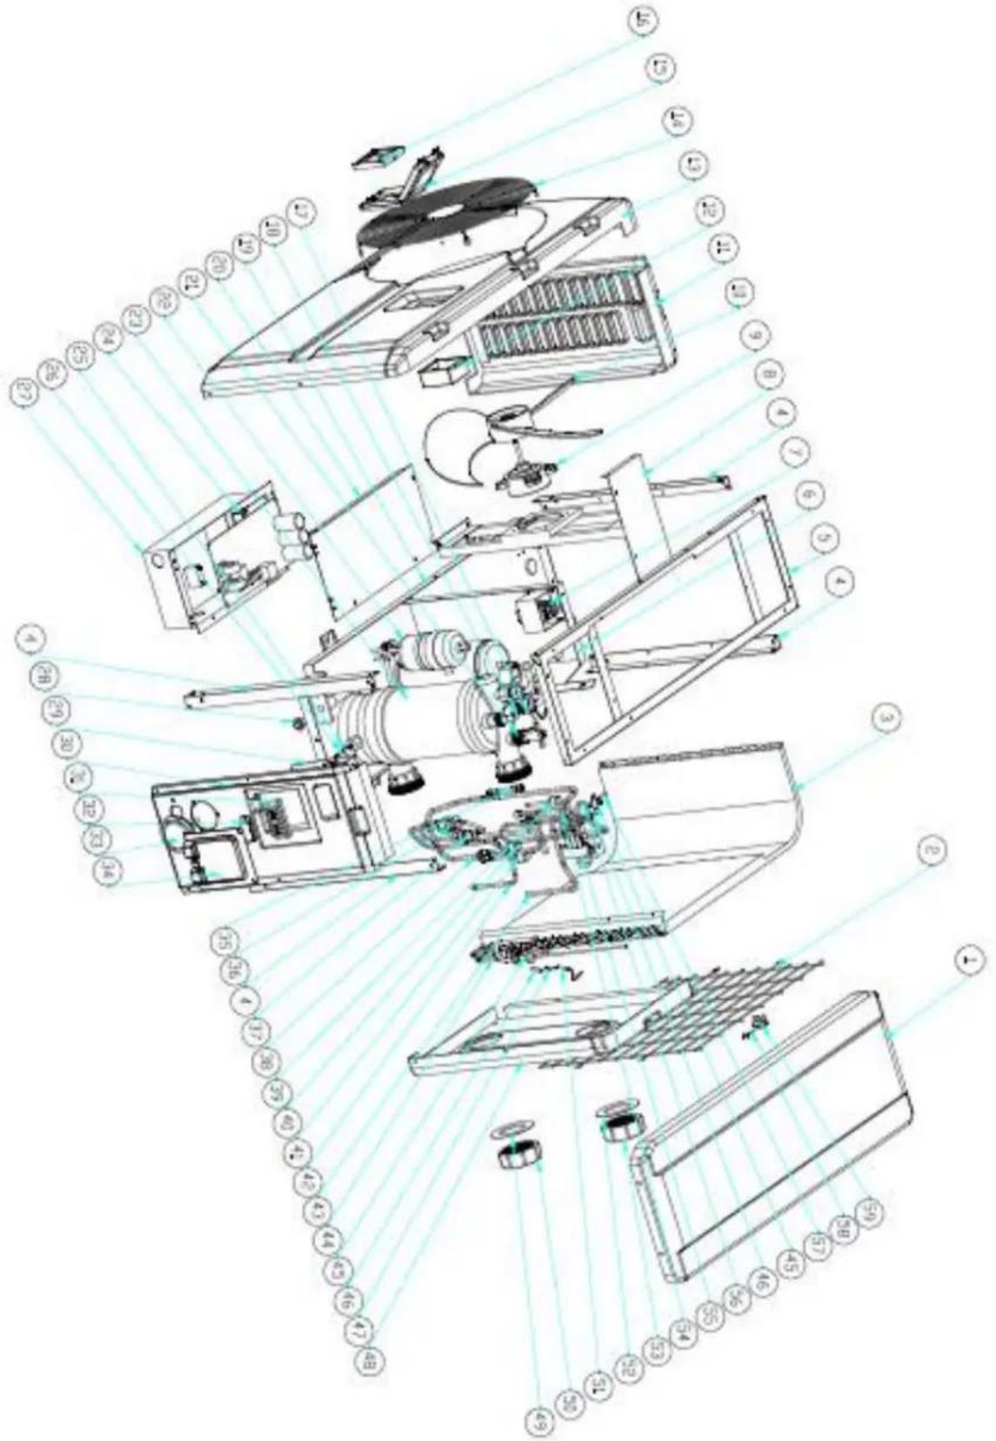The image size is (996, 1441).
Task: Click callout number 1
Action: tap(970, 961)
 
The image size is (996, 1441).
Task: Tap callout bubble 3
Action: tap(886, 719)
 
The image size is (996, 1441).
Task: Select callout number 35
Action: tap(224, 941)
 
